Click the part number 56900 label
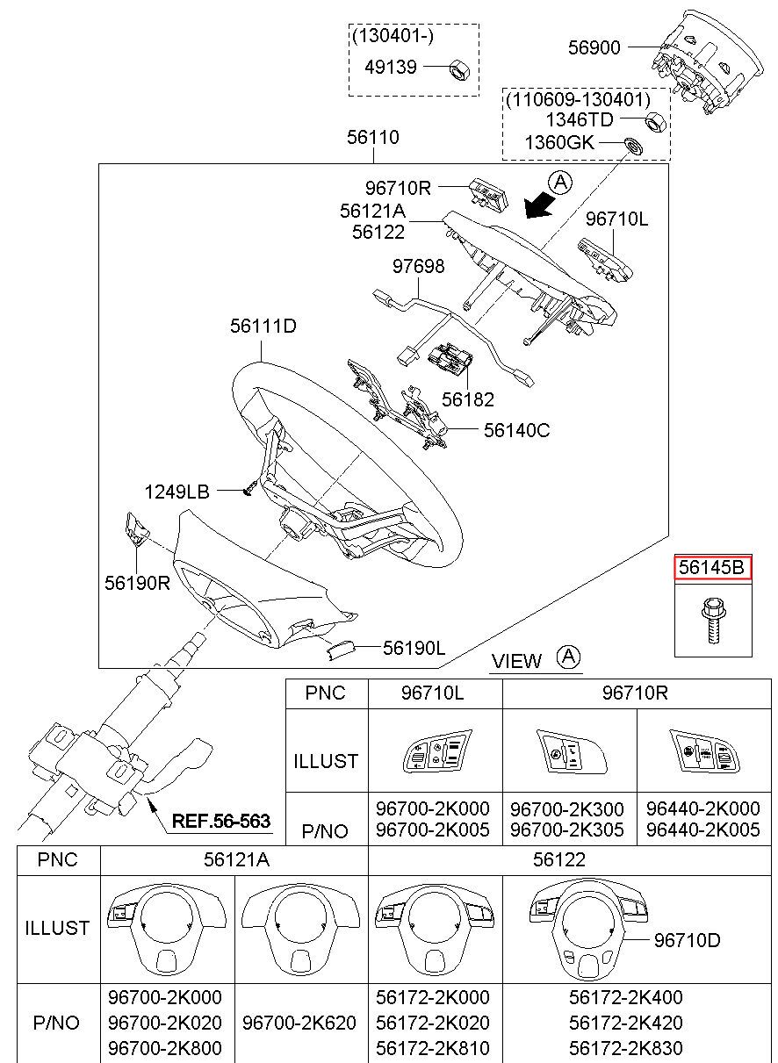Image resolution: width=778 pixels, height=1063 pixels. tap(594, 47)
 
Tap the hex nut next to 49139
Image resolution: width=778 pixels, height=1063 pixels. tap(459, 68)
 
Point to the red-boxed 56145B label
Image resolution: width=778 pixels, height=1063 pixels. tap(712, 567)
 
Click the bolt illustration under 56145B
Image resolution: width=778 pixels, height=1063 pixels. tap(712, 621)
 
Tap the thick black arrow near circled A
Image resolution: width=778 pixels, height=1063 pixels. tap(539, 208)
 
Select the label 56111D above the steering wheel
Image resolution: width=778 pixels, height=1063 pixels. tap(263, 326)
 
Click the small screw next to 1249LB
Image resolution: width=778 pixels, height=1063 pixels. tap(249, 489)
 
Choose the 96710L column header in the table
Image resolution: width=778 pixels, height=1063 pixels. tap(432, 693)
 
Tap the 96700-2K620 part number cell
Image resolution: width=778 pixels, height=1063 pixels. tap(299, 1023)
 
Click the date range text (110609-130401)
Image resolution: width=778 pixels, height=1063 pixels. tap(578, 100)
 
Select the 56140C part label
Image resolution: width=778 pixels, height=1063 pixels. tap(517, 430)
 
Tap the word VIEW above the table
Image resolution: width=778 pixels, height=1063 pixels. tap(516, 661)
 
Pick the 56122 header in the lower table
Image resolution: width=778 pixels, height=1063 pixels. tap(559, 859)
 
